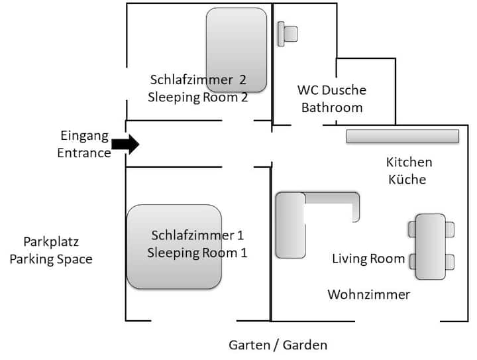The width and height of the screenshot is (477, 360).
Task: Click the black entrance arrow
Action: (125, 144)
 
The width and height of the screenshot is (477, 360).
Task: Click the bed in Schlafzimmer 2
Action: (237, 50)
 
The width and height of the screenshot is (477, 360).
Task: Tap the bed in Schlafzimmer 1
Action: (174, 247)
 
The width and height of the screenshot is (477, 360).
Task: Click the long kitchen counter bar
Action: (402, 136)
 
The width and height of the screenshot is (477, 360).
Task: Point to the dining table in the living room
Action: (430, 247)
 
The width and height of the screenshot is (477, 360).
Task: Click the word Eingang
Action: (83, 136)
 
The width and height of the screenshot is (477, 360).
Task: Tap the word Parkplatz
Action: (51, 242)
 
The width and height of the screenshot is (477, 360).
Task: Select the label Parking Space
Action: (51, 259)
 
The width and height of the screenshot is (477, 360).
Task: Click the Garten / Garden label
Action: (278, 345)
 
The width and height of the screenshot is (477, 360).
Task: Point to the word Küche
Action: (407, 179)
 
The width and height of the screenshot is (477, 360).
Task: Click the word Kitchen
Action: (409, 162)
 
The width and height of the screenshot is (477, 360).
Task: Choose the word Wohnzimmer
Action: (369, 294)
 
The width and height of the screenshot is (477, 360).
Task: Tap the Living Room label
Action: (368, 259)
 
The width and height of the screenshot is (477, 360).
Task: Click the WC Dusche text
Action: (331, 90)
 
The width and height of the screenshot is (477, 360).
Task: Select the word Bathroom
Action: (332, 107)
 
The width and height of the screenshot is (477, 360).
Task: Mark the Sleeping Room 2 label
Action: (198, 97)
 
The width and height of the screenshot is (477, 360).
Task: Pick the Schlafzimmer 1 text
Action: (197, 235)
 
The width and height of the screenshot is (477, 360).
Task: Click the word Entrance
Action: (84, 152)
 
